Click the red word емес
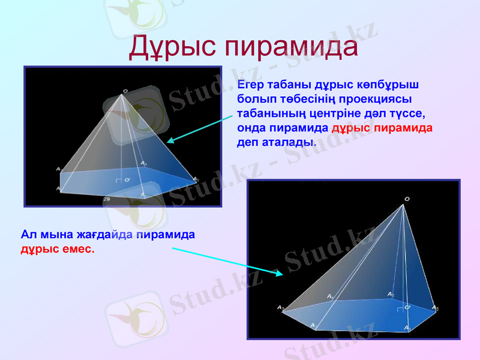pos(76,248)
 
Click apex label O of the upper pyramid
pos(125,91)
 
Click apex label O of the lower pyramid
pos(407,199)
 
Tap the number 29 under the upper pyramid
pos(106,198)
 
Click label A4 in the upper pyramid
pos(143,163)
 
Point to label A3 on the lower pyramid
pos(280,308)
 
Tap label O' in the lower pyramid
pos(407,307)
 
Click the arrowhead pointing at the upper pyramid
pos(170,140)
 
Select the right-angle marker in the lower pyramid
pos(399,309)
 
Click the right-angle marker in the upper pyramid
pos(118,179)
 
